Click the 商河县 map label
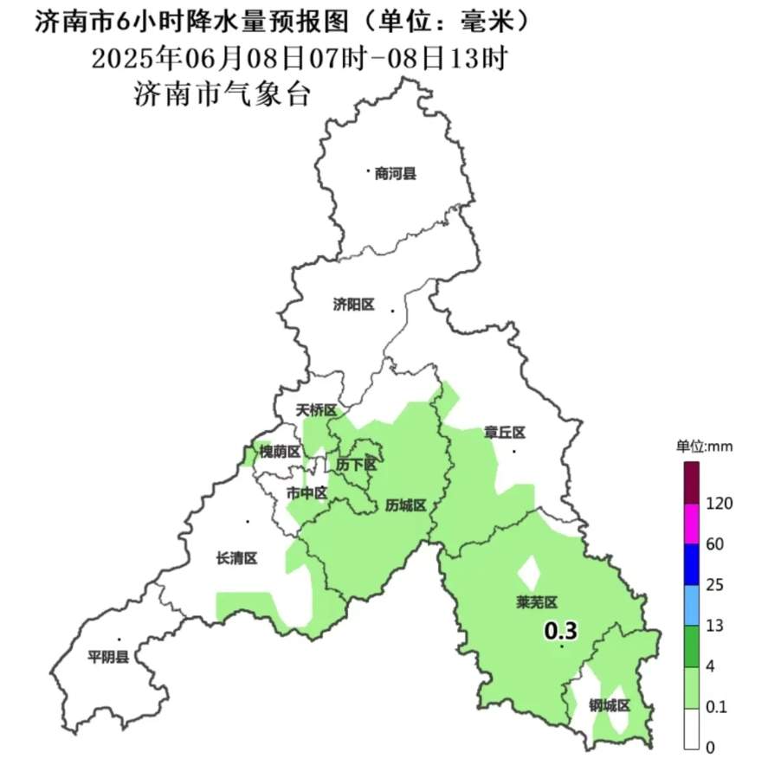click(396, 174)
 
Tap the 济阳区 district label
click(353, 305)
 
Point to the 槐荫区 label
click(280, 452)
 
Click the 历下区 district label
click(357, 465)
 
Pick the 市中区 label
click(307, 493)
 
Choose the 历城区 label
click(406, 506)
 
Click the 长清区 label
click(236, 559)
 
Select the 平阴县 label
click(108, 658)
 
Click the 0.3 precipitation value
click(560, 632)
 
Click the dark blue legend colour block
click(691, 564)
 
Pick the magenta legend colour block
click(691, 524)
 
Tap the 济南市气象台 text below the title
click(222, 93)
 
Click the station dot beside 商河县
click(368, 171)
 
